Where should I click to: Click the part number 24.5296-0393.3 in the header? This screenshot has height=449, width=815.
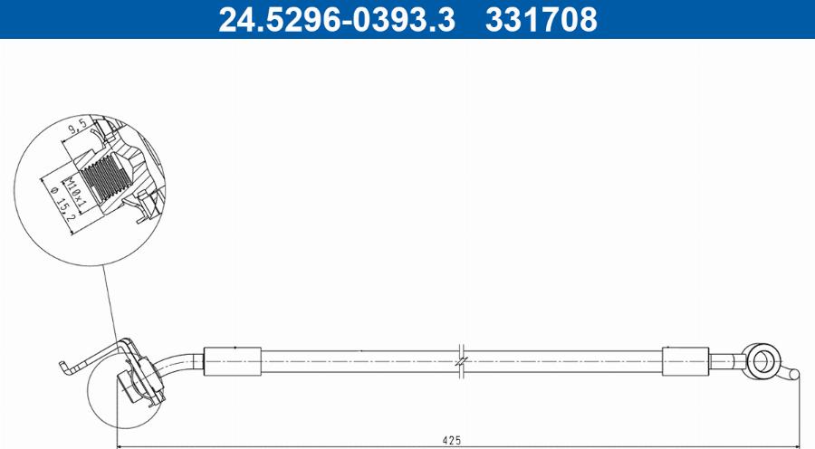tap(338, 19)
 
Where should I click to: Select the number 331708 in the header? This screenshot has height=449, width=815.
tap(542, 19)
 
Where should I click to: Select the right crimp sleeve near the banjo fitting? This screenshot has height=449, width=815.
tap(686, 360)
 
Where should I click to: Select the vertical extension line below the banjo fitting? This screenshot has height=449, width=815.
tap(800, 412)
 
